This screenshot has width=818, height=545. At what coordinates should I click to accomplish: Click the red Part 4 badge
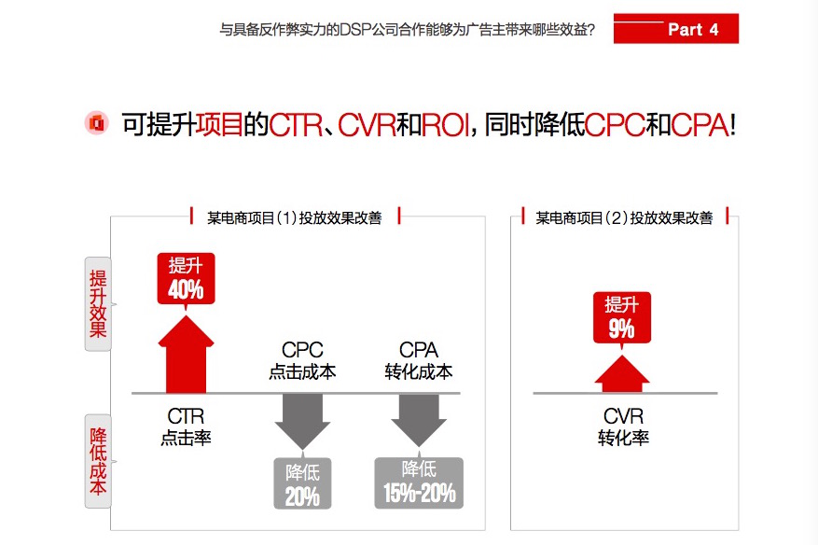(x=675, y=29)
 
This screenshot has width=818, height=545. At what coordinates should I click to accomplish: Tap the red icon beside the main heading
(x=96, y=123)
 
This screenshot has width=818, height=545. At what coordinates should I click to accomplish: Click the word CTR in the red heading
(x=296, y=125)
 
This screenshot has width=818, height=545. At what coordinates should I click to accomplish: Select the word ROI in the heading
(x=446, y=125)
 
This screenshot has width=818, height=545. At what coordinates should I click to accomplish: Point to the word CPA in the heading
(x=700, y=125)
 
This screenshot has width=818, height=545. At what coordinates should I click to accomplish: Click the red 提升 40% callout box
(x=186, y=279)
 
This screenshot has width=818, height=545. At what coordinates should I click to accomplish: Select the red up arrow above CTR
(x=186, y=354)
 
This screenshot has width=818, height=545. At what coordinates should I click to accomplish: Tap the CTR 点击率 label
(x=186, y=426)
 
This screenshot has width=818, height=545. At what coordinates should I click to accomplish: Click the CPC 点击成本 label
(x=302, y=360)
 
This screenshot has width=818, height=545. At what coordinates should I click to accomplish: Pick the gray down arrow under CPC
(x=302, y=421)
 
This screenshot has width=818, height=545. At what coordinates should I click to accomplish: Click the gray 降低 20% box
(x=302, y=483)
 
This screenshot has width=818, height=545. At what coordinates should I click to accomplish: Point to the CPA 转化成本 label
(x=419, y=360)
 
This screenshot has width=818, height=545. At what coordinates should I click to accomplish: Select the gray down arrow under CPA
(x=419, y=420)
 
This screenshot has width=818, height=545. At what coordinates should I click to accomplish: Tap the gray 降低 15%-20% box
(x=419, y=482)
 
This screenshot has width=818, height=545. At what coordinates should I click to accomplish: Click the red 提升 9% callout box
(x=622, y=317)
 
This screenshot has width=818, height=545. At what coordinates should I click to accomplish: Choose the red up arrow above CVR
(x=622, y=374)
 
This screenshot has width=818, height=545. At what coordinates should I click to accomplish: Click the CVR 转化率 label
(x=623, y=426)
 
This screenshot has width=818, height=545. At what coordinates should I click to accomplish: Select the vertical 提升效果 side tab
(x=98, y=304)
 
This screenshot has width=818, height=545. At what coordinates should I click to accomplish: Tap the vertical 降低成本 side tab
(x=98, y=461)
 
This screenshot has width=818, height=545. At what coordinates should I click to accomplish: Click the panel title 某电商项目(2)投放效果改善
(x=624, y=217)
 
